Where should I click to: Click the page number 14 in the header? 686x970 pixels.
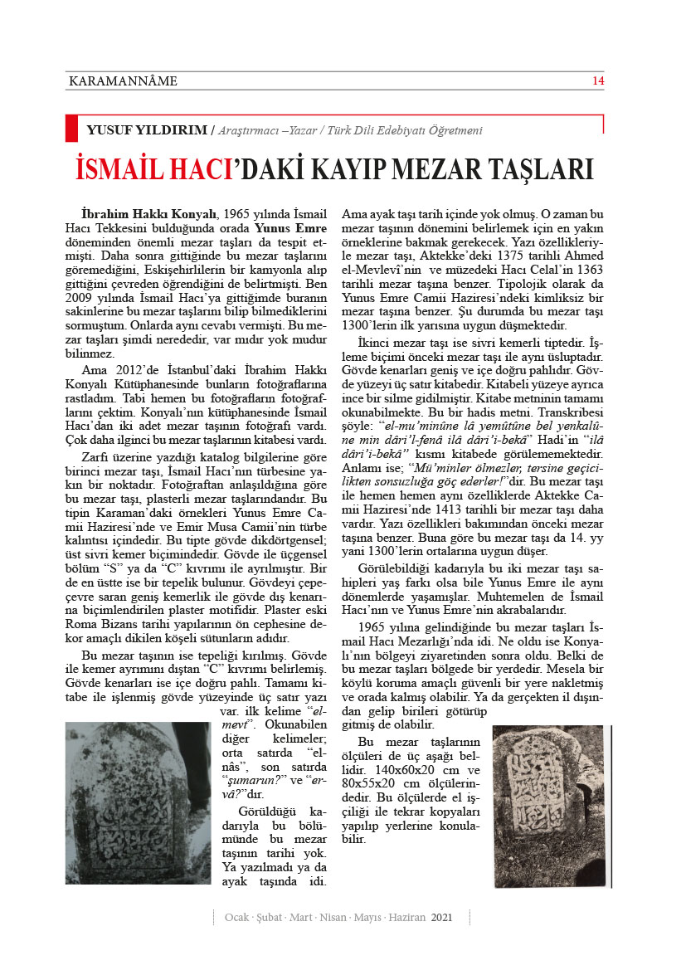(x=597, y=80)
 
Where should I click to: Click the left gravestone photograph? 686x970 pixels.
(x=139, y=802)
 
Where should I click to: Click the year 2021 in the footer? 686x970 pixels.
(x=442, y=917)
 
